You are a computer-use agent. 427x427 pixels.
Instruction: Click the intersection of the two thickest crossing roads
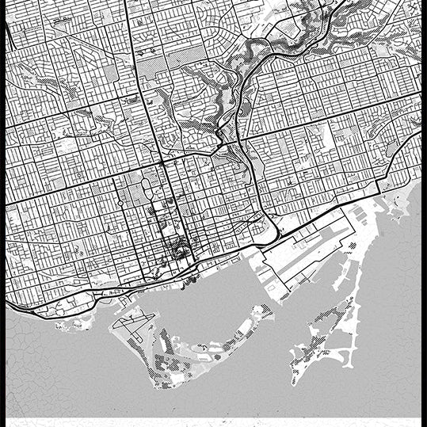[x=161, y=162]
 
